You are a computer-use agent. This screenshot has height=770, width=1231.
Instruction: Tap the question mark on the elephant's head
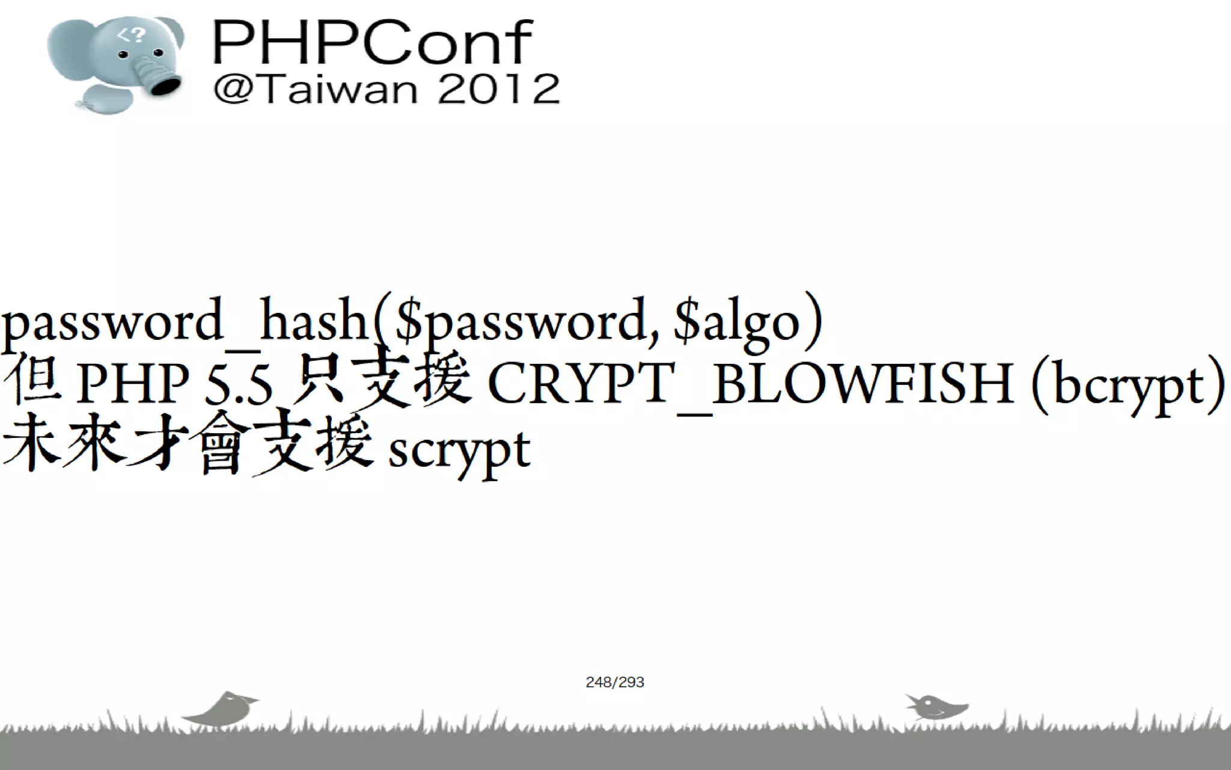(x=139, y=35)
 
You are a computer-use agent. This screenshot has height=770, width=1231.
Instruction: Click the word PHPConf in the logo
(x=372, y=42)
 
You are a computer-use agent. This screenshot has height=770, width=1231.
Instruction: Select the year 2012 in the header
(x=499, y=90)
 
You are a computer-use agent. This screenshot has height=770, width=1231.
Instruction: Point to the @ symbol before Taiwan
(x=231, y=90)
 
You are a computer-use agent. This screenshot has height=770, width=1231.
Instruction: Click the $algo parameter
(x=736, y=322)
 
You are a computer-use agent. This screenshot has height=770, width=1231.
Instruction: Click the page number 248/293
(x=615, y=682)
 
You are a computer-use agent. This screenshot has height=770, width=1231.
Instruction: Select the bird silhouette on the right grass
(x=935, y=707)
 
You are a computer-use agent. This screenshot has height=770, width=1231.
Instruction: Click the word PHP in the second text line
(x=133, y=384)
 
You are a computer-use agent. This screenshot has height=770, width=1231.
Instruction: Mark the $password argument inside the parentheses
(x=520, y=322)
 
